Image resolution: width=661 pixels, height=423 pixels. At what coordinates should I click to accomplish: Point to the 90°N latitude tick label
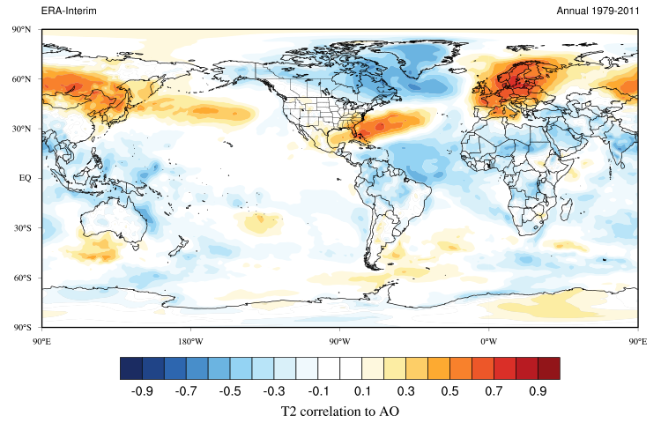[x=22, y=29]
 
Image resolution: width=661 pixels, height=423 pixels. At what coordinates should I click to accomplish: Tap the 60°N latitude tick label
[x=22, y=79]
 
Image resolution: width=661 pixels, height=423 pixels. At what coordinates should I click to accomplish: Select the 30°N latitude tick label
[x=22, y=129]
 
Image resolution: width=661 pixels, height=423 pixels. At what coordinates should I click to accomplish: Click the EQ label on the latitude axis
[x=25, y=178]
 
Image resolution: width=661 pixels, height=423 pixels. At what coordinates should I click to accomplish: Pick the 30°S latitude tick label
[x=22, y=228]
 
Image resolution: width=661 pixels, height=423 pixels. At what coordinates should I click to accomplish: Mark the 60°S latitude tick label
[x=22, y=278]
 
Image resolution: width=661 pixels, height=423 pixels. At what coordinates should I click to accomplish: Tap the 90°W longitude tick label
[x=339, y=340]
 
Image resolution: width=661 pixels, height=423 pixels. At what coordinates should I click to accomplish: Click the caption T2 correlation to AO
[x=339, y=411]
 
